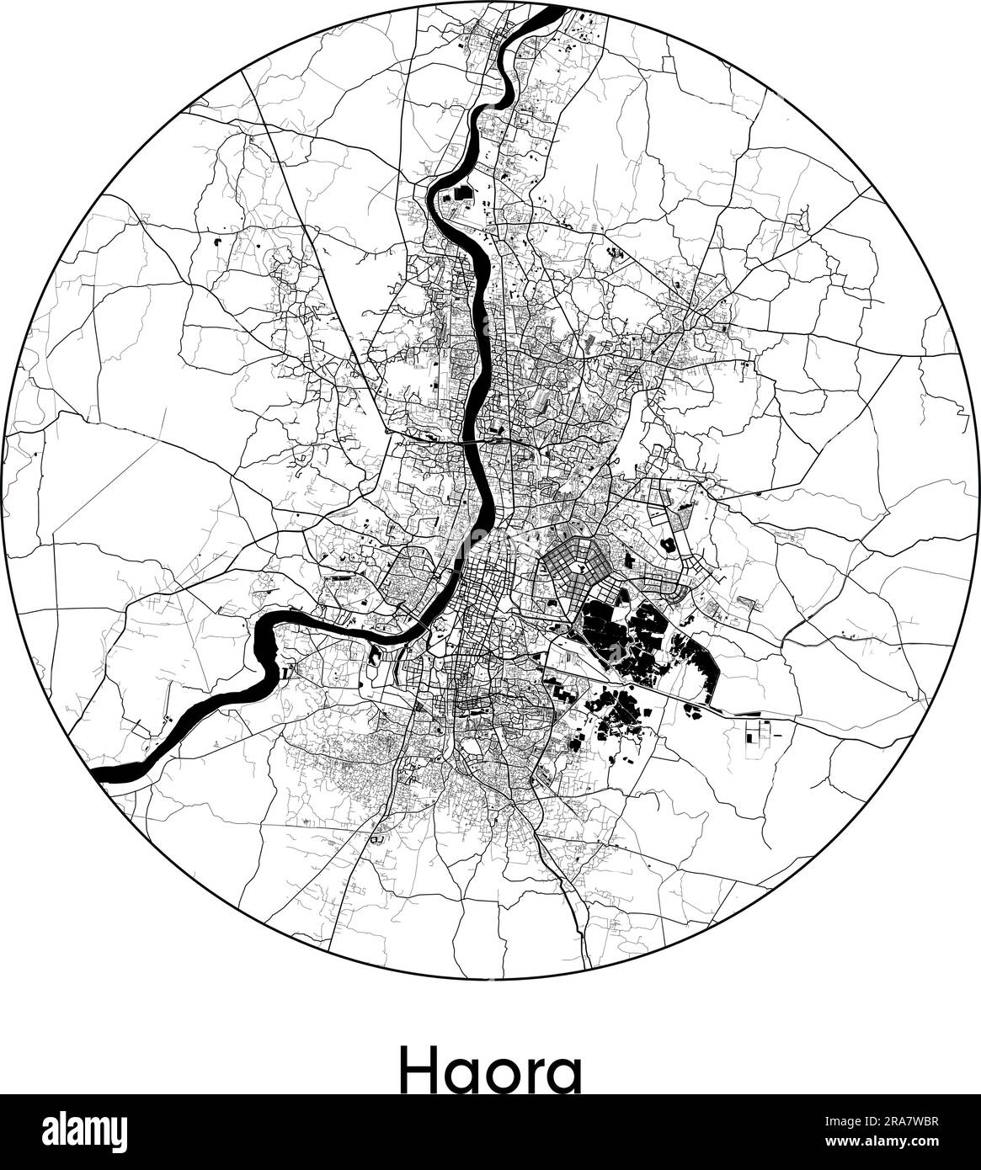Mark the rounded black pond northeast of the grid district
pyautogui.click(x=671, y=544)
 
